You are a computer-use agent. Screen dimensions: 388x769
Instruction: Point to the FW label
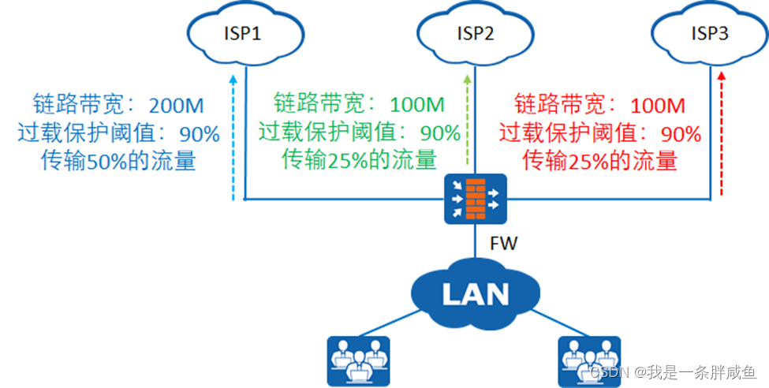click(503, 244)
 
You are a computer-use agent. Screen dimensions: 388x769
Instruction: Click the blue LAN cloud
click(475, 294)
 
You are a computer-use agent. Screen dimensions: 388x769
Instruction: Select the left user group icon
click(358, 359)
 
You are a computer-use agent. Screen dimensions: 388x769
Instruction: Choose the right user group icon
click(589, 359)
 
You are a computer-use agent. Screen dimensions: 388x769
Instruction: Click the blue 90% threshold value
click(199, 134)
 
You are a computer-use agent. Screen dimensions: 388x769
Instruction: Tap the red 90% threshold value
click(681, 134)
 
